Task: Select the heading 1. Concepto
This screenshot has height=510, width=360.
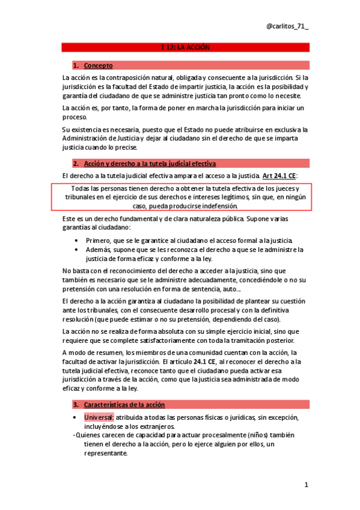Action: coord(94,65)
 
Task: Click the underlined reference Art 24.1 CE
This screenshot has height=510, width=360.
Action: coord(278,176)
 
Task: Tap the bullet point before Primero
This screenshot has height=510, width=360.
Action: coord(76,239)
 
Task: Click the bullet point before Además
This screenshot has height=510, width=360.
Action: coord(76,249)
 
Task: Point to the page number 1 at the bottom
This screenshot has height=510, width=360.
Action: coord(306,485)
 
